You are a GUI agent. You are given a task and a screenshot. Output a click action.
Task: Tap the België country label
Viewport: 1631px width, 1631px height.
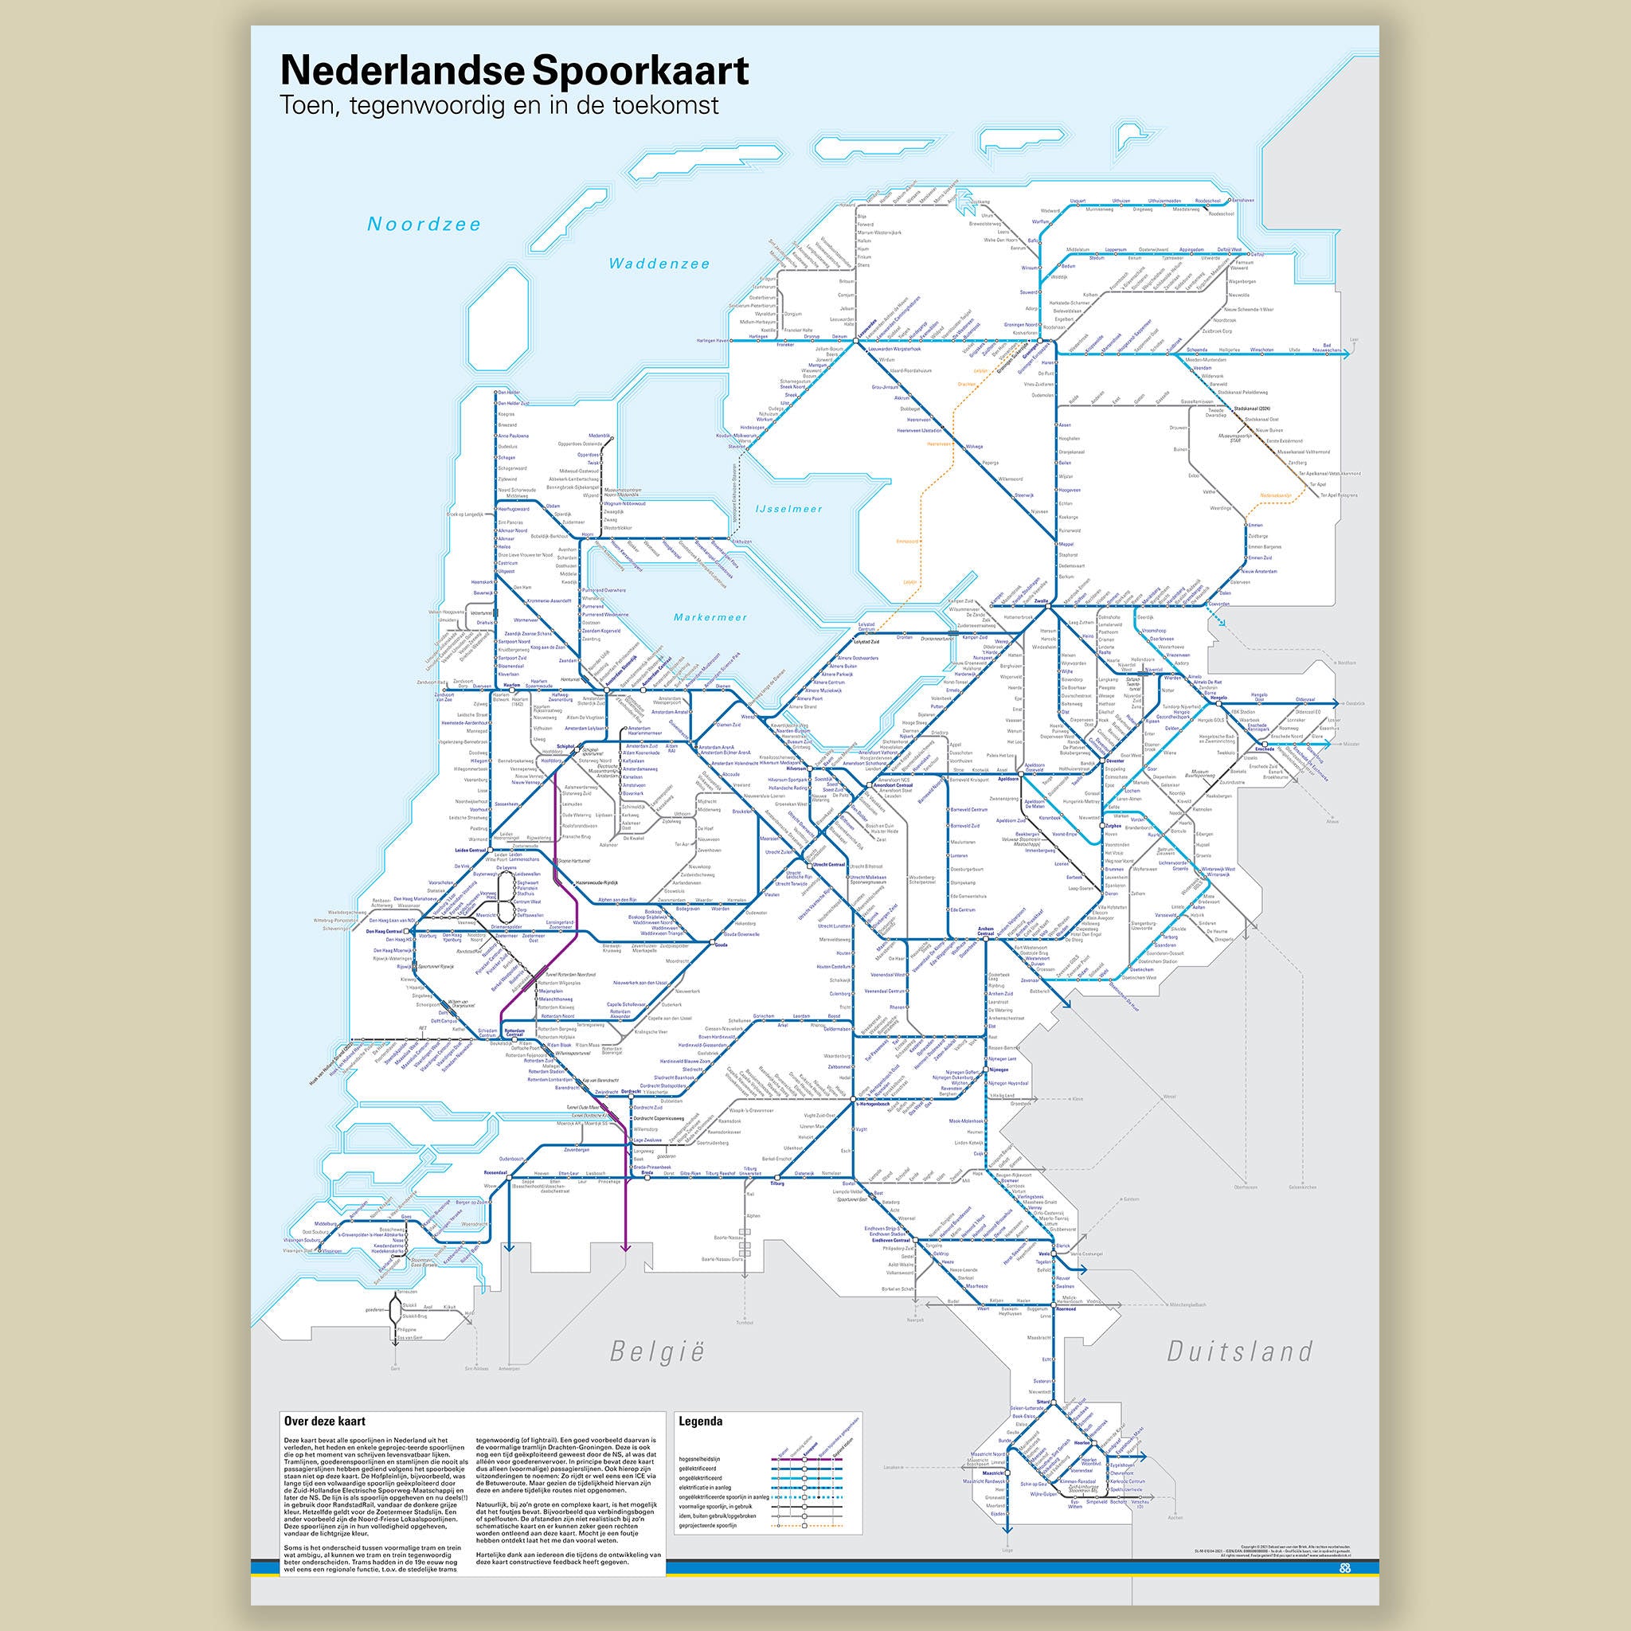pos(657,1352)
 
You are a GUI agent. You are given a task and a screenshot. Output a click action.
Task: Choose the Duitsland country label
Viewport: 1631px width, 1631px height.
pos(1239,1351)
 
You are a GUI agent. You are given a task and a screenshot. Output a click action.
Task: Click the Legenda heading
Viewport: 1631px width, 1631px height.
pos(700,1421)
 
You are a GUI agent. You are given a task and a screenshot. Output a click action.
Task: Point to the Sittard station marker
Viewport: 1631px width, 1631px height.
pos(1052,1402)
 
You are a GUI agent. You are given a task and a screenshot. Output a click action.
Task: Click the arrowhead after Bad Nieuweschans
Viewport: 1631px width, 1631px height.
pos(1347,354)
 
